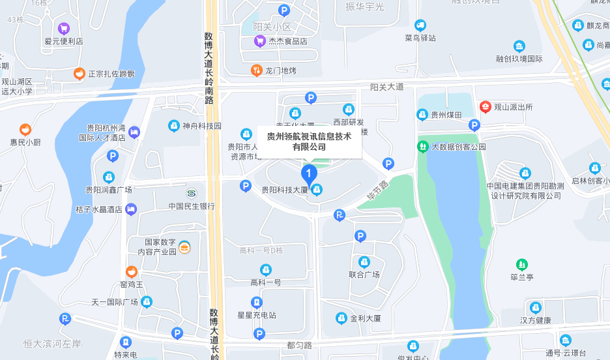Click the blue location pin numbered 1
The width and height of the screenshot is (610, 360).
tap(308, 173)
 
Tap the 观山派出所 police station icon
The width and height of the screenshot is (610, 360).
tap(486, 107)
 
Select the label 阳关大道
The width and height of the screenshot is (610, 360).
tap(387, 87)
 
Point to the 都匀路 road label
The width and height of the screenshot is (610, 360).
tap(299, 345)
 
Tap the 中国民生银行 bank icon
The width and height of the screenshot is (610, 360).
tap(192, 194)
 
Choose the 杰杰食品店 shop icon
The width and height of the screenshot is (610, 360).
tap(259, 41)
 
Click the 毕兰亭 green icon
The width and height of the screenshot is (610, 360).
tap(521, 264)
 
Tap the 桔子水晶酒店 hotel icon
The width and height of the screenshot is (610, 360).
tap(131, 209)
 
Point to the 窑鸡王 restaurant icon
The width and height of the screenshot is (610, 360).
tap(132, 272)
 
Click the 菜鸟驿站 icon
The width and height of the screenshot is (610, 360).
tap(420, 25)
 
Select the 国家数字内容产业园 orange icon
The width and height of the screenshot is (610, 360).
tap(184, 247)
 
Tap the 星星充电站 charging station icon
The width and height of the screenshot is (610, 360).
tap(257, 302)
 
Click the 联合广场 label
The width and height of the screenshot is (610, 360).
tap(364, 275)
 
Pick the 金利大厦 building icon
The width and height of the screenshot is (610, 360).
tap(341, 318)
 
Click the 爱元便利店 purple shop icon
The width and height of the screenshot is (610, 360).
tap(64, 28)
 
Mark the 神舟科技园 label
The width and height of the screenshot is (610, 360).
tap(202, 126)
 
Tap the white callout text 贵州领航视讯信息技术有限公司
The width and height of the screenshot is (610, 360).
tap(309, 142)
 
